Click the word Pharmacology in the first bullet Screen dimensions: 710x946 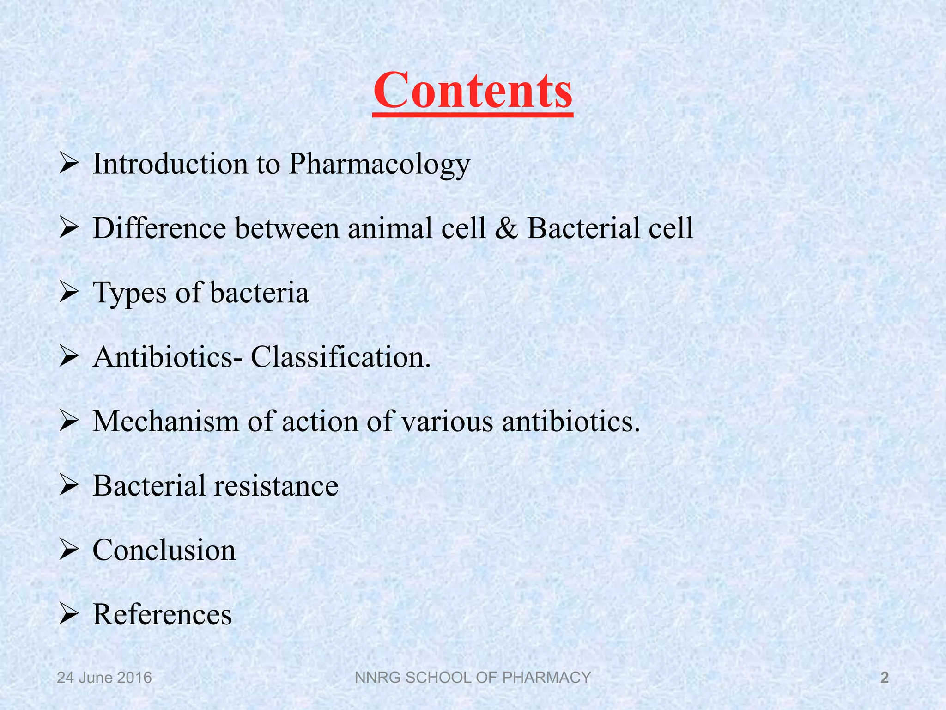point(379,165)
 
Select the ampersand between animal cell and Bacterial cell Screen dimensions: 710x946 point(506,228)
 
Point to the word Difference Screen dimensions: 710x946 point(159,228)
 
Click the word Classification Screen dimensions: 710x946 point(340,357)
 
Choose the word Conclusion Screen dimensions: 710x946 point(164,550)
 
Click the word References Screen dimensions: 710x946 point(162,615)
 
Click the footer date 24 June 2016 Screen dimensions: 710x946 point(104,678)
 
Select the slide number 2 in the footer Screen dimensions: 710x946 point(885,678)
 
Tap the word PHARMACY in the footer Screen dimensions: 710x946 point(546,678)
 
